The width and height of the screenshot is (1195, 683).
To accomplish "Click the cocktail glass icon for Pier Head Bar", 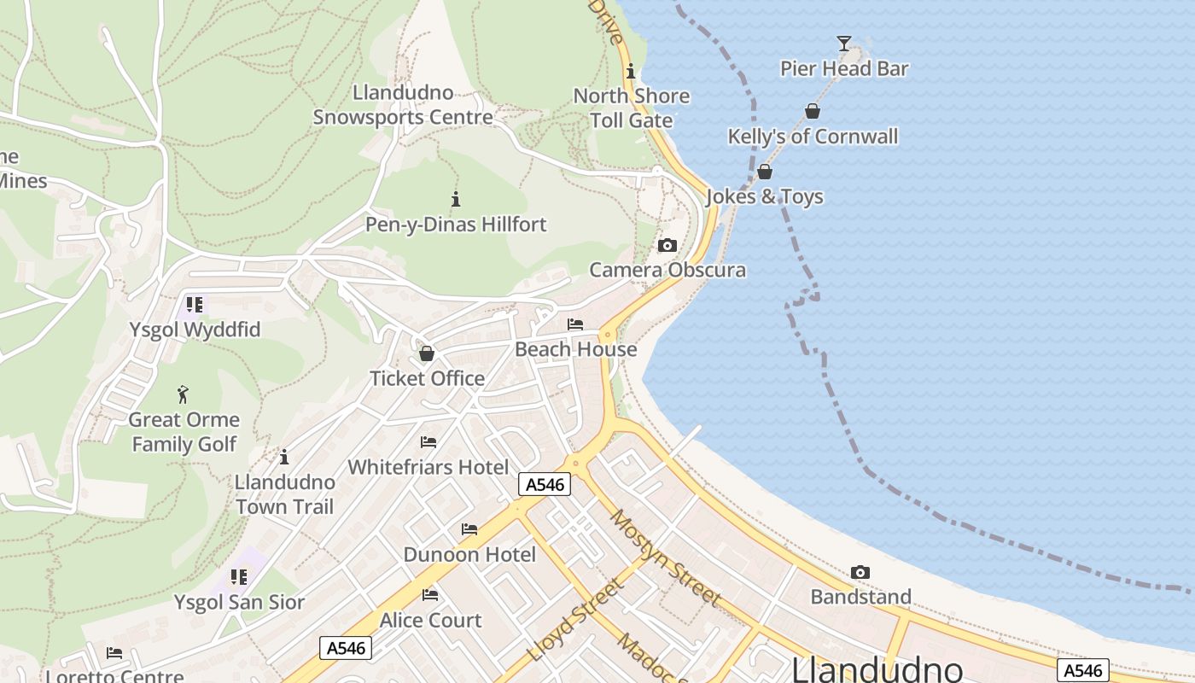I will tap(844, 43).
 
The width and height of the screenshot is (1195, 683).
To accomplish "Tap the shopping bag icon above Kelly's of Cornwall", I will tap(813, 111).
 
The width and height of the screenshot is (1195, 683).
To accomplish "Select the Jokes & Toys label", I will tap(765, 197).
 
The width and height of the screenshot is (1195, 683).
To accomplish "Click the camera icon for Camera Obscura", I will tap(667, 246).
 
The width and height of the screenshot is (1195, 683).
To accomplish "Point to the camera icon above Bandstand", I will tap(860, 572).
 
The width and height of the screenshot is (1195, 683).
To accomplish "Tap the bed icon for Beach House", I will tap(575, 324).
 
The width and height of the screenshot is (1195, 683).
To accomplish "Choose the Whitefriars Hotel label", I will tap(428, 467).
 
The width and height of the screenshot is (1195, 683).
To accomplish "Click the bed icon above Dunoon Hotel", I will tap(469, 529).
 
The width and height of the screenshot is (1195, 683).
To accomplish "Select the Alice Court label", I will tap(431, 620).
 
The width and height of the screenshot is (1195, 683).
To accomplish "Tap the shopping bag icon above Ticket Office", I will tap(427, 353).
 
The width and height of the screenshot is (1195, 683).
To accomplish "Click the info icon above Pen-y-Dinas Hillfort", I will tap(456, 200).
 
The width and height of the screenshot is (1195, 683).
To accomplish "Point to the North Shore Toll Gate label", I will tap(632, 108).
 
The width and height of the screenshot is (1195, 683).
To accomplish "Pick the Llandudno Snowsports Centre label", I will tap(403, 105).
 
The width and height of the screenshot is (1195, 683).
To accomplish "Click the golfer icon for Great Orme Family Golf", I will tap(183, 394).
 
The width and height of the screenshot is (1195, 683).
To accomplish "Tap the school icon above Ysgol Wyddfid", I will tap(195, 305).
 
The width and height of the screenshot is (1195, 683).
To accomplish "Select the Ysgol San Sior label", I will tap(239, 602).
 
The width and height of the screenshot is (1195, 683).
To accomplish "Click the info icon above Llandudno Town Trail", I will tap(284, 457).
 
